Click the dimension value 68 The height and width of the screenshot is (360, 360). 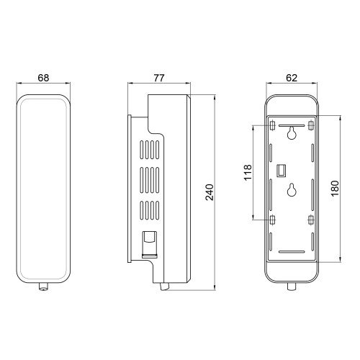[43, 78]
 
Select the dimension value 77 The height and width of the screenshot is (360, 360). [159, 78]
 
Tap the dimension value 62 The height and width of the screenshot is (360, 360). [292, 78]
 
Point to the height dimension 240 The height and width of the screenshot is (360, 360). [210, 192]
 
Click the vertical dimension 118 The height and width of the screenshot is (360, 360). [248, 172]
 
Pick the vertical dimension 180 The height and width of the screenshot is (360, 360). [335, 189]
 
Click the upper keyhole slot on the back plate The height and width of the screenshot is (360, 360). [292, 132]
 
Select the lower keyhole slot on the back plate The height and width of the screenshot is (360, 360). [292, 190]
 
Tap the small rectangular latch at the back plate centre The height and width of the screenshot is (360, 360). [282, 171]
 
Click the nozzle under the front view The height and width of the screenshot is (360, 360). [43, 287]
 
